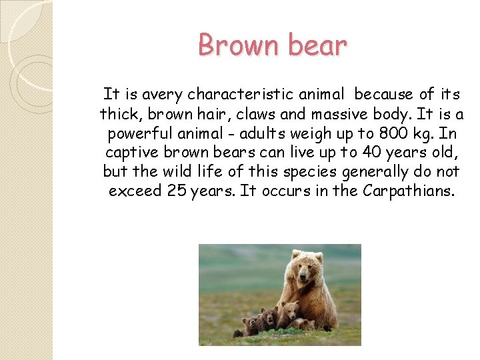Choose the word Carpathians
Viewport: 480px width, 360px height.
[x=408, y=191]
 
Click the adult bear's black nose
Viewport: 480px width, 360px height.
[x=305, y=278]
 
